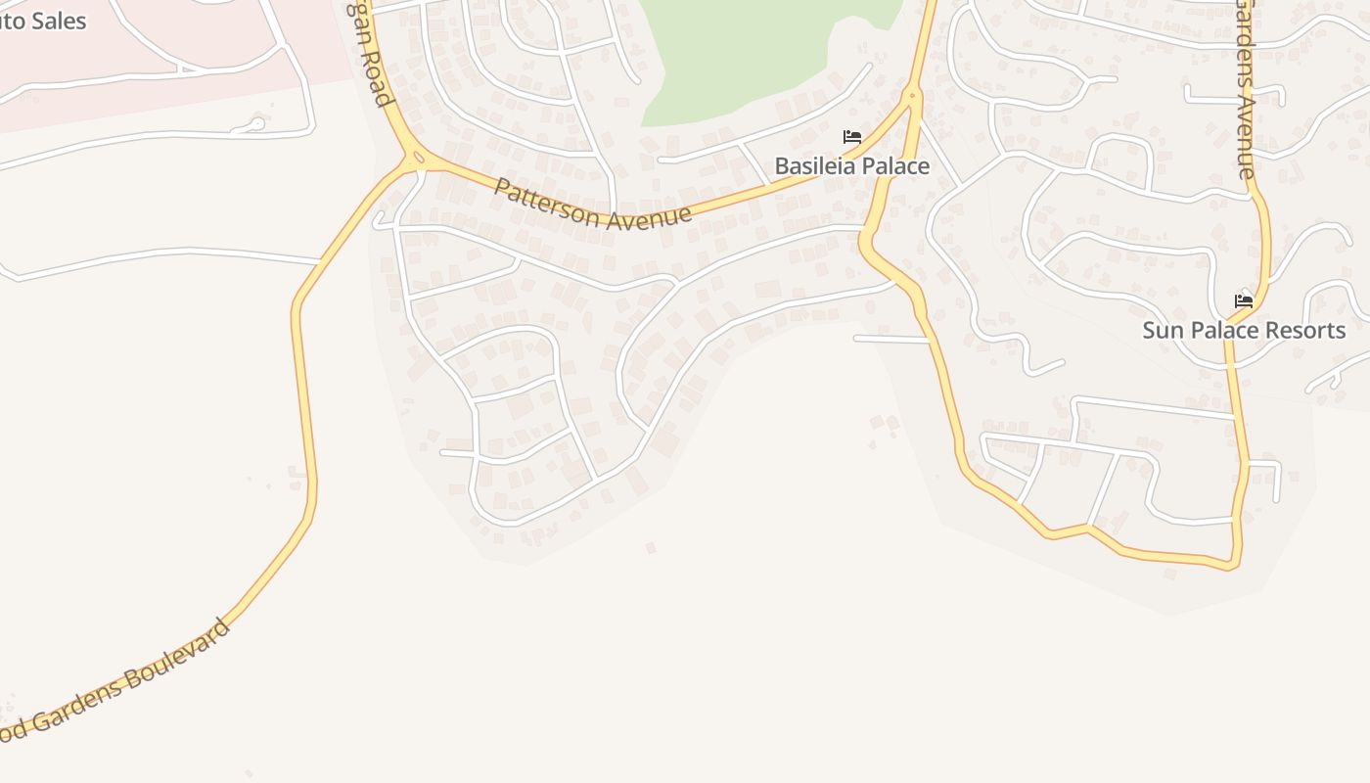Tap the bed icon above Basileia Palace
tap(852, 137)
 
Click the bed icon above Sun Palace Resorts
tap(1244, 300)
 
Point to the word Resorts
tap(1304, 331)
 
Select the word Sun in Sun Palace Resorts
tap(1162, 331)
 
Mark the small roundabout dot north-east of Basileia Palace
tap(913, 96)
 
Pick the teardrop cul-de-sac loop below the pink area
tap(253, 124)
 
